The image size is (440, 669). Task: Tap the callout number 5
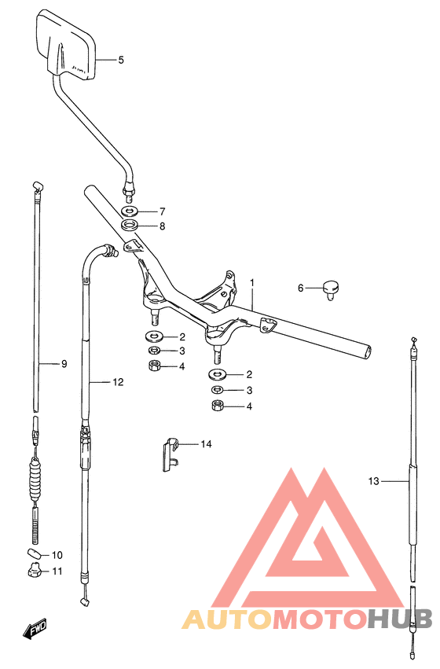[x=121, y=61]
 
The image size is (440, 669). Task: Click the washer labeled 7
[x=130, y=211]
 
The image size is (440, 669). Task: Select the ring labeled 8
[x=130, y=225]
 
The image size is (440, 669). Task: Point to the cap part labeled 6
[x=332, y=289]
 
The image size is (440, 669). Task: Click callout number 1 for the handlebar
[x=252, y=283]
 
